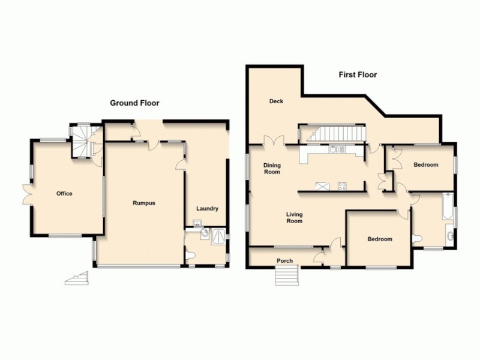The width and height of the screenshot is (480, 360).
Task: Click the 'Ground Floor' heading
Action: tap(134, 103)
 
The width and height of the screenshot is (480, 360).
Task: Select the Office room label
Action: tap(64, 194)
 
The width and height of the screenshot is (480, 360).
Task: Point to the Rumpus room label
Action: tap(144, 203)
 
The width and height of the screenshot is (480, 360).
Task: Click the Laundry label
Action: tap(207, 209)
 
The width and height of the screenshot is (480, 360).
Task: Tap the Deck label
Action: tap(276, 101)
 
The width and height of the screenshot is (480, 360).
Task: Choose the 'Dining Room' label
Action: tap(272, 169)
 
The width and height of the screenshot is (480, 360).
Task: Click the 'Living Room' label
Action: tap(294, 217)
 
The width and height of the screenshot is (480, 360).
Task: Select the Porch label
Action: tap(284, 260)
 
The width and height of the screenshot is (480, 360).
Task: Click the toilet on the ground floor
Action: tap(191, 256)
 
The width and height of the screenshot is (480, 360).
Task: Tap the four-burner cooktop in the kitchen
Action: tap(343, 186)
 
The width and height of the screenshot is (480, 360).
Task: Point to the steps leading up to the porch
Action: tap(287, 277)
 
